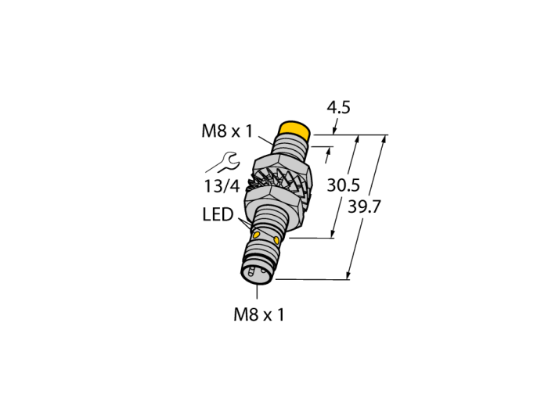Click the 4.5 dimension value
click(338, 107)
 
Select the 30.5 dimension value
click(343, 185)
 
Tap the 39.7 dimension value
click(364, 207)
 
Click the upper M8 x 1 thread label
click(227, 131)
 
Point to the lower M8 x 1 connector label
click(259, 315)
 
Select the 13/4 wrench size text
click(222, 186)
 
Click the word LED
click(218, 214)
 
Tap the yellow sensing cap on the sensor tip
click(294, 131)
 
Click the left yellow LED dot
click(256, 234)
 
